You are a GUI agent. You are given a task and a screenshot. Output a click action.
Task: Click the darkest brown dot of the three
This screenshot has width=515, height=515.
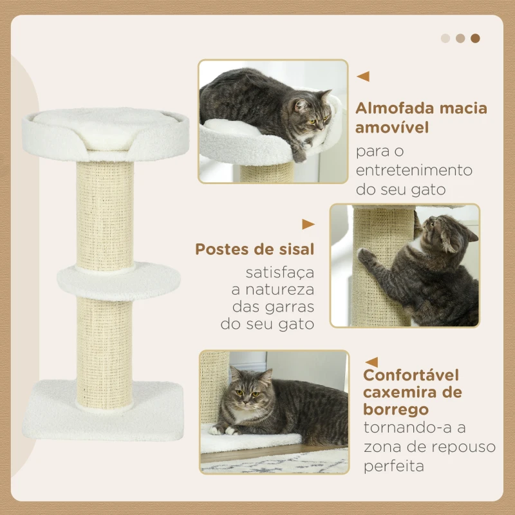(x=475, y=38)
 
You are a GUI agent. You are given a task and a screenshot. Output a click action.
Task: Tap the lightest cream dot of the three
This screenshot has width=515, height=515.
(x=445, y=38)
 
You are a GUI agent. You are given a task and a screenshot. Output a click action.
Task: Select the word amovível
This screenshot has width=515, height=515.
(x=392, y=127)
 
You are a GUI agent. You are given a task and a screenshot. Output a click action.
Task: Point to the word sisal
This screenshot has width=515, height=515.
(x=296, y=249)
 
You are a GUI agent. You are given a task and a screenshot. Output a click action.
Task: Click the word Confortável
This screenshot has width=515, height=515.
(x=411, y=375)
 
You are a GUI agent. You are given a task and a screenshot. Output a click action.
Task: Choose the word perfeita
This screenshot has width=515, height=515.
(x=393, y=465)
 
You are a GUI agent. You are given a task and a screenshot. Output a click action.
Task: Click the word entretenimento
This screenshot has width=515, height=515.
(x=414, y=170)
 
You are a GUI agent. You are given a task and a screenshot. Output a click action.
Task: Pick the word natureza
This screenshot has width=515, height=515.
(x=280, y=290)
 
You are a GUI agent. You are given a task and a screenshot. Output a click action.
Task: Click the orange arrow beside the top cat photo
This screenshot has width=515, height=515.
(x=363, y=76)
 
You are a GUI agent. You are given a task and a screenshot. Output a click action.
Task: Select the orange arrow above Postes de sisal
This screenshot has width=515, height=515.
(x=308, y=224)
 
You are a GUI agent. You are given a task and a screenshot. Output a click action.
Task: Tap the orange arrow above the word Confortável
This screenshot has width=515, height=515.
(x=372, y=362)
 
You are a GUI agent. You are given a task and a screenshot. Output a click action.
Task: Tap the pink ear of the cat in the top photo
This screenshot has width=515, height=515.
(x=300, y=105)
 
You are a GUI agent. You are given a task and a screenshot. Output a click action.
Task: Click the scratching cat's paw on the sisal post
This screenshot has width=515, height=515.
(x=364, y=255)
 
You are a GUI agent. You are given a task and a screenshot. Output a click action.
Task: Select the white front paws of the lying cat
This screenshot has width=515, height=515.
(x=223, y=429)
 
